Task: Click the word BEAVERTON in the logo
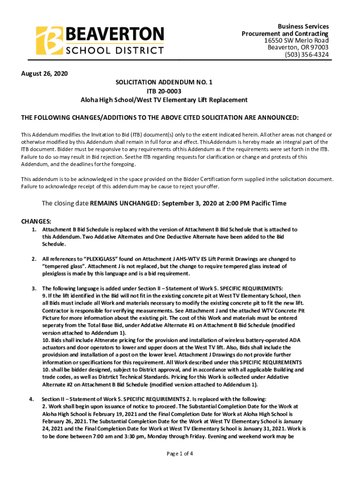click(115, 34)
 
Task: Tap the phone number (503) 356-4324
click(307, 55)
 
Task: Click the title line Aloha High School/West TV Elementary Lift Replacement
click(164, 100)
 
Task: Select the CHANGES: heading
click(36, 221)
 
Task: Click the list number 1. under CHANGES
click(34, 230)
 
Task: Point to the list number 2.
click(34, 259)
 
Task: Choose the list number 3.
click(34, 288)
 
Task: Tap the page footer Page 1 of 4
click(180, 453)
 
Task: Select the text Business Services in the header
click(303, 27)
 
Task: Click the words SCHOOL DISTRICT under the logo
click(115, 50)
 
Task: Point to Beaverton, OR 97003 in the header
click(298, 48)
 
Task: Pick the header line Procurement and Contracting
click(285, 34)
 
